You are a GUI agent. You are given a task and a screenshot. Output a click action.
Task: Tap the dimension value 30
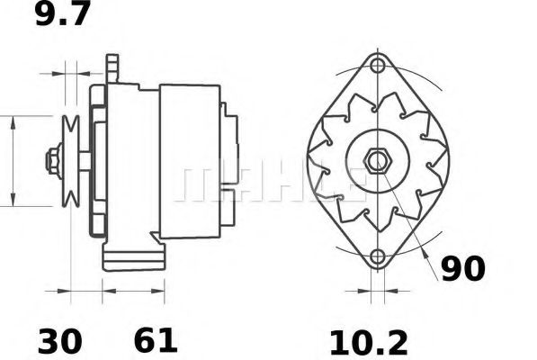click(60, 341)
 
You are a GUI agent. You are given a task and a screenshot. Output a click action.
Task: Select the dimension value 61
click(156, 341)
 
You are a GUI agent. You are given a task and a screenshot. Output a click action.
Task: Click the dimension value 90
click(463, 267)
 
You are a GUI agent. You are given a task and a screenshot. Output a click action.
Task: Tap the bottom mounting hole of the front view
click(378, 258)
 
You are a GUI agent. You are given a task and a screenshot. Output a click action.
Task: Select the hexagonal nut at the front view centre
click(377, 162)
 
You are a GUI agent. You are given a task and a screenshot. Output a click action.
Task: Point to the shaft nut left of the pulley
click(53, 162)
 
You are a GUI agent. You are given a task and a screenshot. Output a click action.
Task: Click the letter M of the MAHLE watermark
click(195, 183)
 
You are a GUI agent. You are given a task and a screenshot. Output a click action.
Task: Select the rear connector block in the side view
click(230, 162)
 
